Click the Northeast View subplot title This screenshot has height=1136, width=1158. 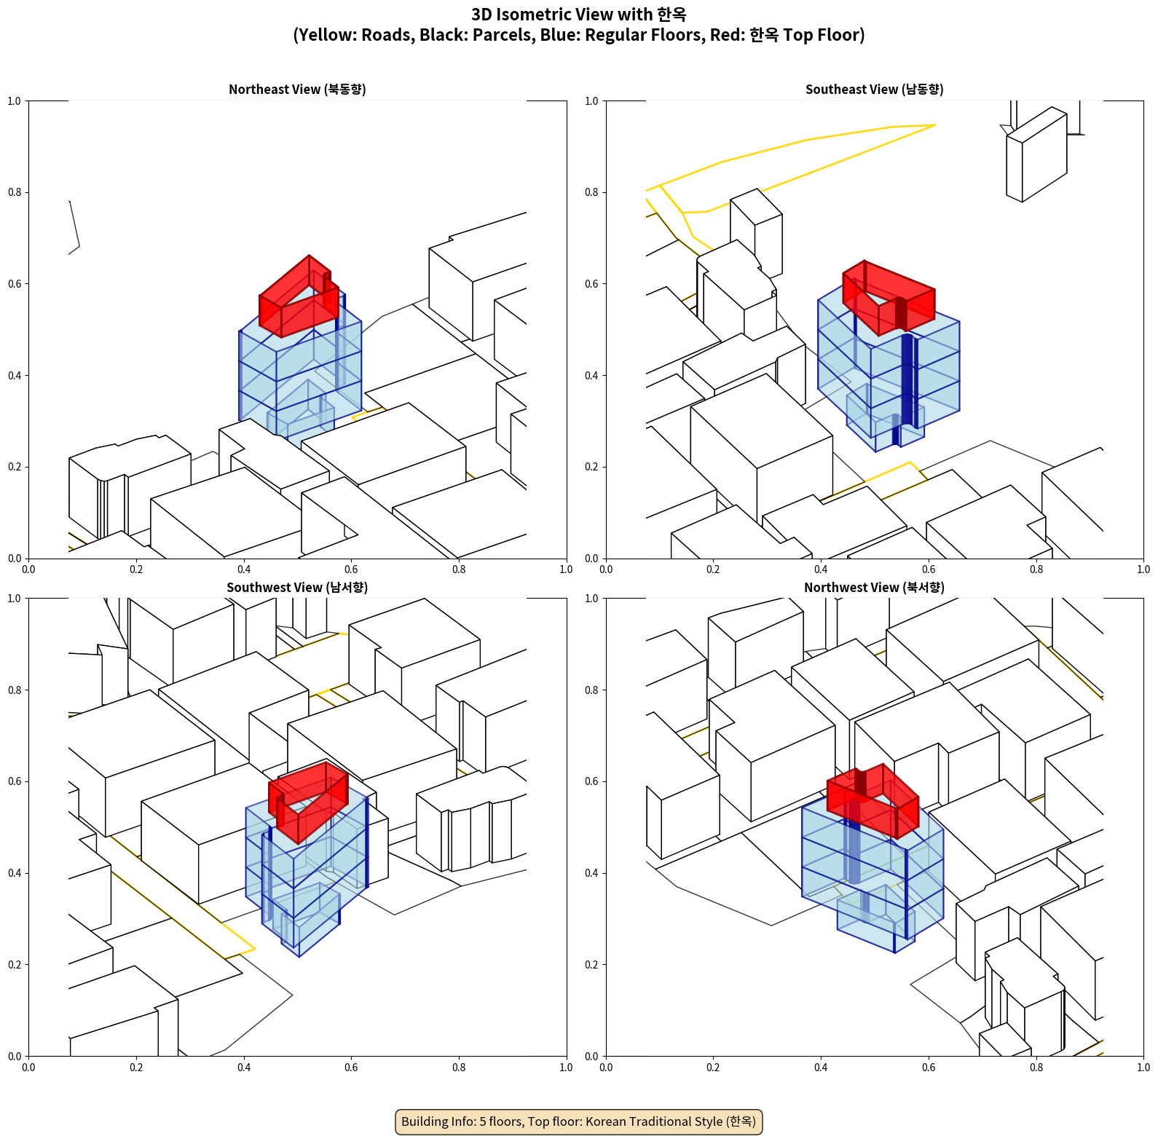tap(297, 90)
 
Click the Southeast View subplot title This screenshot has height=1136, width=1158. tap(874, 90)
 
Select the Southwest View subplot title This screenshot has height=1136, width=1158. tap(297, 588)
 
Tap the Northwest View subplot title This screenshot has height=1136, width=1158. tap(874, 588)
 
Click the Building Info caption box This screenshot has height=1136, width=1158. tap(579, 1121)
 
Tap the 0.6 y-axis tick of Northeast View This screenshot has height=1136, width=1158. tap(15, 284)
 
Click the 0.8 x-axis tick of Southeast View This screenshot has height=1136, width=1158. tap(1036, 569)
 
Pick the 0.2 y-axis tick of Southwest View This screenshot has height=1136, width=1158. tap(15, 965)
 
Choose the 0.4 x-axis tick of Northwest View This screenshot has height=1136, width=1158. tap(821, 1068)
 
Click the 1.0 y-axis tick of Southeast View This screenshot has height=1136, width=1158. tap(591, 101)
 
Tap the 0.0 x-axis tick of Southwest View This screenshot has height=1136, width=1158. tap(28, 1068)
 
